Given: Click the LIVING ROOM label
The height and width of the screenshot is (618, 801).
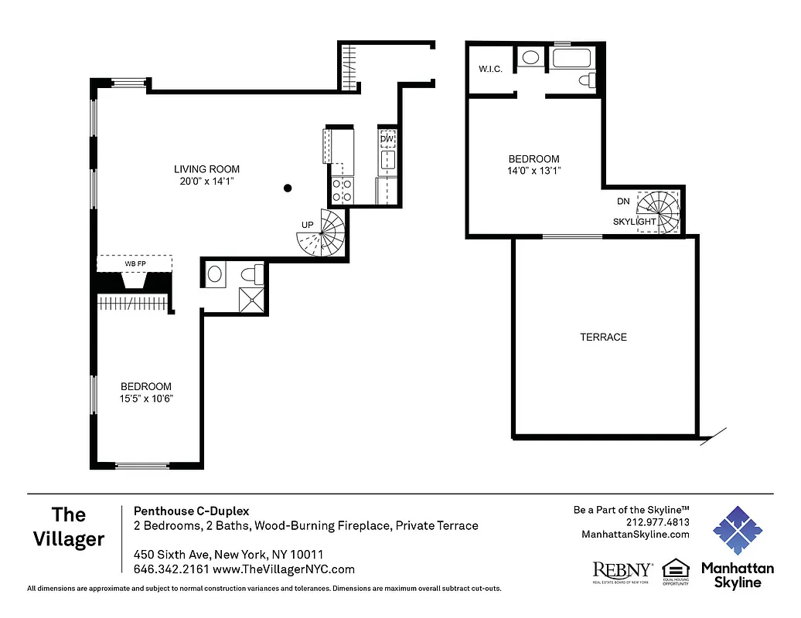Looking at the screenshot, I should (206, 169).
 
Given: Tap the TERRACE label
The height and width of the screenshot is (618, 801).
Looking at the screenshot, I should (603, 338).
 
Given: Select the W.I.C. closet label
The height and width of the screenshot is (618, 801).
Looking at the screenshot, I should (490, 70).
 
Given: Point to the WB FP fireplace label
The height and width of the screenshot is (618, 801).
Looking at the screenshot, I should (135, 263).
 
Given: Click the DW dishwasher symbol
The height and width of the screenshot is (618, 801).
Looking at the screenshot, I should (387, 139).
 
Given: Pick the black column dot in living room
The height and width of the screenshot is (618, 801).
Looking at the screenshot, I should (288, 187).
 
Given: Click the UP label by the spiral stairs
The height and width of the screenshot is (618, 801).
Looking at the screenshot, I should (308, 225).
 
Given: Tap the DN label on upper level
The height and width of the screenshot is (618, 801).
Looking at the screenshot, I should (623, 201).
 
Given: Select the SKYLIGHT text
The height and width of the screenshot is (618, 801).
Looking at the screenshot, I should (635, 222).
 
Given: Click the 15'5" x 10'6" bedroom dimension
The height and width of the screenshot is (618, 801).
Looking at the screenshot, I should (146, 399).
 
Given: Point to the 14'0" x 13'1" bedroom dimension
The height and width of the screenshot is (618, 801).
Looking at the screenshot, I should (530, 171).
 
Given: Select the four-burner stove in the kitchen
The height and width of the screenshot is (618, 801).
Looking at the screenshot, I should (343, 190).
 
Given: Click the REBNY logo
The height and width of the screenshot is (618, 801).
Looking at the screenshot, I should (622, 570).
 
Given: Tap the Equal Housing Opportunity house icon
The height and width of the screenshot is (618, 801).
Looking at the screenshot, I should (675, 569).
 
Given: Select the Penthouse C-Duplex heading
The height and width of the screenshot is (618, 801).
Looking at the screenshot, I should (191, 511).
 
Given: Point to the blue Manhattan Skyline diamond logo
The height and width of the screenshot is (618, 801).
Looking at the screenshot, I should (737, 531).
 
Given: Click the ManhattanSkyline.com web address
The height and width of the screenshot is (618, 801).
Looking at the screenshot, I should (635, 534).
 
